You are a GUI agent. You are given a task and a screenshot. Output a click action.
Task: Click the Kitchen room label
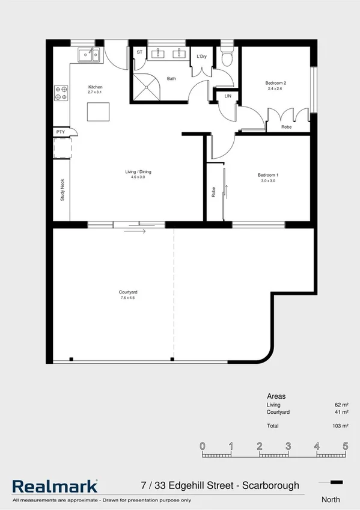[x=96, y=87]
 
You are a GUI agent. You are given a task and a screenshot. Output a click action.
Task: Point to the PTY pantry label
[x=60, y=132]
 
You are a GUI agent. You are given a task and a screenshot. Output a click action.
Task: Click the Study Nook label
[x=62, y=189]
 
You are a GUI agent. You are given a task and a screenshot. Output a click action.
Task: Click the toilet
[x=226, y=58]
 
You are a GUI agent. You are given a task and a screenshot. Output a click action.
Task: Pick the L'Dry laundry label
[x=202, y=57]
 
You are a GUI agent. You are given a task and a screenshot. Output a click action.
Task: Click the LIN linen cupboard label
[x=228, y=96]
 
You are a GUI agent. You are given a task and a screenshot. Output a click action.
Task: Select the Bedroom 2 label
[x=275, y=83]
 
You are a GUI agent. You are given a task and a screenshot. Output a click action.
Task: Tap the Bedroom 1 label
[x=267, y=175]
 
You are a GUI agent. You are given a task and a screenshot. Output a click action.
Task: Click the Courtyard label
[x=128, y=292]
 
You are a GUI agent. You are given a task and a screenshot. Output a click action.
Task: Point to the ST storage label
[x=139, y=52]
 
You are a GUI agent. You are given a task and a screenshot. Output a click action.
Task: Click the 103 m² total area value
[x=341, y=426]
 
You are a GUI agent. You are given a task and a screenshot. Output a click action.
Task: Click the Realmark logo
[x=55, y=486]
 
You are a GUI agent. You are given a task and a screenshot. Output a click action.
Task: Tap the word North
[x=331, y=499]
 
